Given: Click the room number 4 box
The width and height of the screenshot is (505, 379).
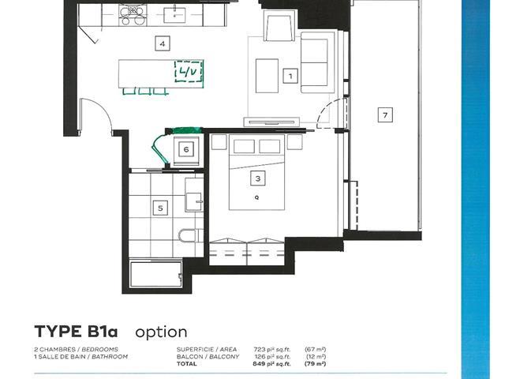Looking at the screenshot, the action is click(163, 43).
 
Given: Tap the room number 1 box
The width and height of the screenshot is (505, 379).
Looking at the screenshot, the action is click(290, 76).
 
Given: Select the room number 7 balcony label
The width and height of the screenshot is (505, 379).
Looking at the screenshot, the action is click(385, 114).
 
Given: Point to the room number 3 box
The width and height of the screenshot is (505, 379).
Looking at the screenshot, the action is click(258, 178).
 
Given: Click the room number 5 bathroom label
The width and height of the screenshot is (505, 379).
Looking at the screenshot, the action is click(160, 208).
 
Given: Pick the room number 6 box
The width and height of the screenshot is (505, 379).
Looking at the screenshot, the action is click(186, 149).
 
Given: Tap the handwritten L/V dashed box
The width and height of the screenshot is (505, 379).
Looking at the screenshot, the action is click(189, 71).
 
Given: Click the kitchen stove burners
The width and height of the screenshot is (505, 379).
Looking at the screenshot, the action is click(133, 16).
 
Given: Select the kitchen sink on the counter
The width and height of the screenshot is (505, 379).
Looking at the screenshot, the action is click(174, 15).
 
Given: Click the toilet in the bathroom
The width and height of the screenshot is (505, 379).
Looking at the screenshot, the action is click(190, 235).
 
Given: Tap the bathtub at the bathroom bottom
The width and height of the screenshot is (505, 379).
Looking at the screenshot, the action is click(156, 274).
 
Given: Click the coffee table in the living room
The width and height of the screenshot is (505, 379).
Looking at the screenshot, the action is click(267, 76).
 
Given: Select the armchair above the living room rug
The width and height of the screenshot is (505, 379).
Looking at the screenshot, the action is click(279, 25).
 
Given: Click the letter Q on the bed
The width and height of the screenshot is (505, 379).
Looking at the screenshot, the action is click(256, 197).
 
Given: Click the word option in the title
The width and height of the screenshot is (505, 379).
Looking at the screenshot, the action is click(161, 332).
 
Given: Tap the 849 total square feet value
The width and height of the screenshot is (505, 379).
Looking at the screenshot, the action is click(272, 364).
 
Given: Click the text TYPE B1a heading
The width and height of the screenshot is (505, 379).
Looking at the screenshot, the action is click(76, 332).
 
